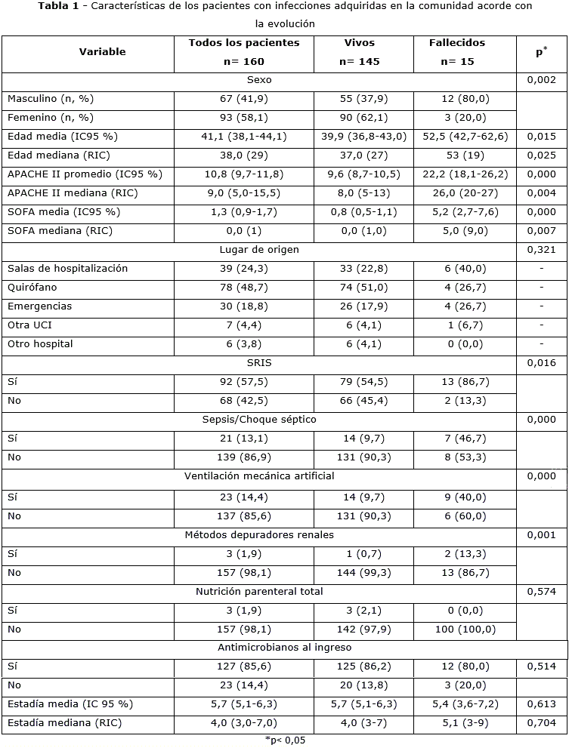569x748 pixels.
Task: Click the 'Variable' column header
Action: pos(102,52)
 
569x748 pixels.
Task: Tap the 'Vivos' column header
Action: pos(359,43)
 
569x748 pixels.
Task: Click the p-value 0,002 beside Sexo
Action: pos(541,80)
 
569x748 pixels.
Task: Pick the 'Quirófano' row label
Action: pos(32,288)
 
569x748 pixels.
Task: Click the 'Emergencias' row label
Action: pos(39,306)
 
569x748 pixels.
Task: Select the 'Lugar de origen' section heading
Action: pos(259,250)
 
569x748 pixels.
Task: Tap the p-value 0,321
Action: pos(541,250)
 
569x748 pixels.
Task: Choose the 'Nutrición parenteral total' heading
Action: pos(259,591)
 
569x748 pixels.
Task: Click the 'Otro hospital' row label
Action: pos(40,344)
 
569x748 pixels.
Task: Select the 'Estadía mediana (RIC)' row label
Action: pos(64,722)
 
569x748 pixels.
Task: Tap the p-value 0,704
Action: pos(541,722)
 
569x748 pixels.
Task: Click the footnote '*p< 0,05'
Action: pos(285,740)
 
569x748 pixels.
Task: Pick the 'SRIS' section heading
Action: pos(259,363)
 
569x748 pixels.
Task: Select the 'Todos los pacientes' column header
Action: pos(243,43)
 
